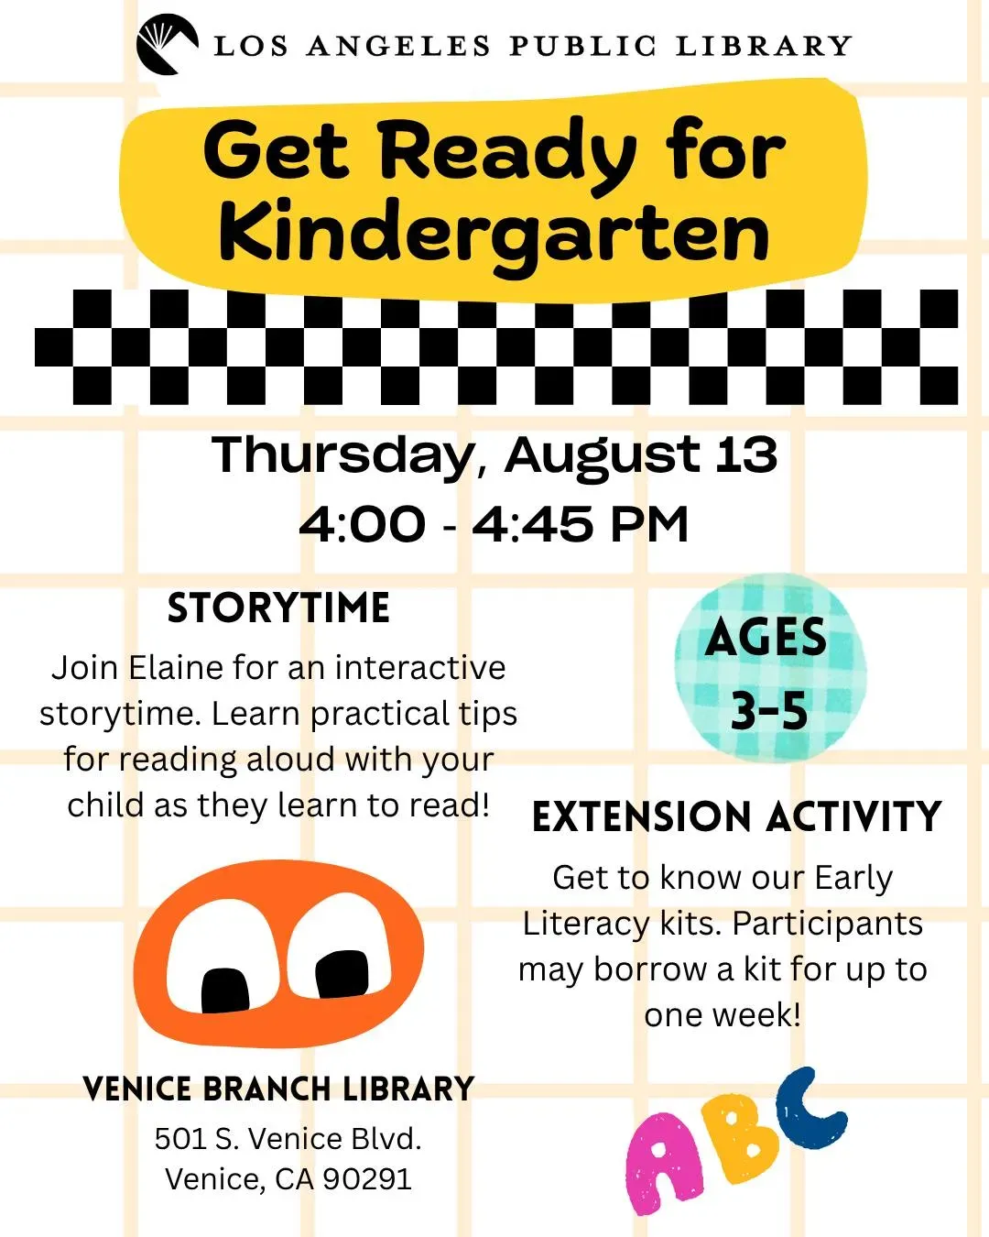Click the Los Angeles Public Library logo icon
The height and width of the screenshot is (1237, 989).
[x=168, y=45]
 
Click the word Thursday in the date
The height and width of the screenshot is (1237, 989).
[x=342, y=456]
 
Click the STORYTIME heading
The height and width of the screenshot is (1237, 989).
[x=278, y=608]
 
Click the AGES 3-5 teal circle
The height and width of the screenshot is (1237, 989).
[x=770, y=668]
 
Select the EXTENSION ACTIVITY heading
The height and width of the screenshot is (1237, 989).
[x=737, y=816]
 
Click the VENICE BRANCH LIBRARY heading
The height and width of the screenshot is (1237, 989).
[x=278, y=1089]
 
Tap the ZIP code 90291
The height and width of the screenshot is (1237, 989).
[x=367, y=1179]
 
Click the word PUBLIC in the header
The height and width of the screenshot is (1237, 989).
[x=583, y=46]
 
